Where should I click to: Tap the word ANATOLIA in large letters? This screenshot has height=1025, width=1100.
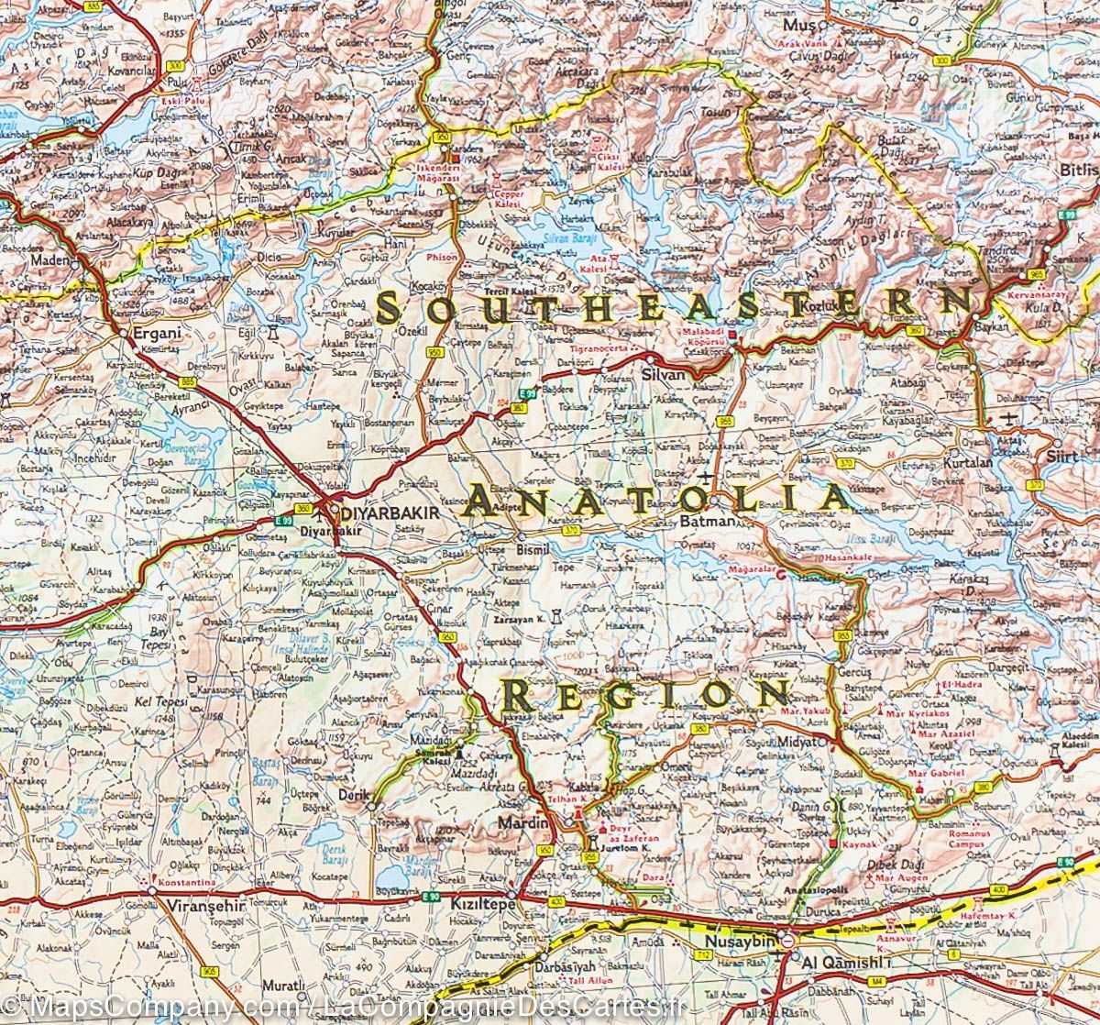(658, 499)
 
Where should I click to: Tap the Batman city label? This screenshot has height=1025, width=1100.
(708, 522)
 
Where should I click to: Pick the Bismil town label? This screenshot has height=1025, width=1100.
(533, 549)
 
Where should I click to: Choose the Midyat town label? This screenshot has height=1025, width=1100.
(809, 741)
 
